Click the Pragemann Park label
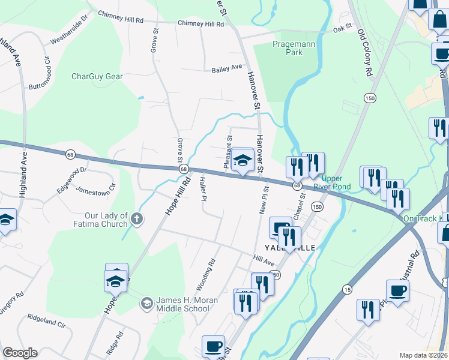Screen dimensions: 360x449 coord(287,48)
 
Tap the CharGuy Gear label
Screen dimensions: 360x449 coord(97,77)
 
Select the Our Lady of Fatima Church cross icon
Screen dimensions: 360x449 coord(137,219)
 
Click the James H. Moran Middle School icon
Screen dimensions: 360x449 coord(146,304)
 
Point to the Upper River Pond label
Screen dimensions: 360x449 coord(336,182)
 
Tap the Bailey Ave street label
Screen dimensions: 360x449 coord(226,69)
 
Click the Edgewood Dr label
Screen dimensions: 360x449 coord(72,174)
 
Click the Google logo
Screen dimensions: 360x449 coord(19,353)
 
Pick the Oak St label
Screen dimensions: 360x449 coord(342,28)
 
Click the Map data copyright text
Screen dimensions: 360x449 coord(423,355)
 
